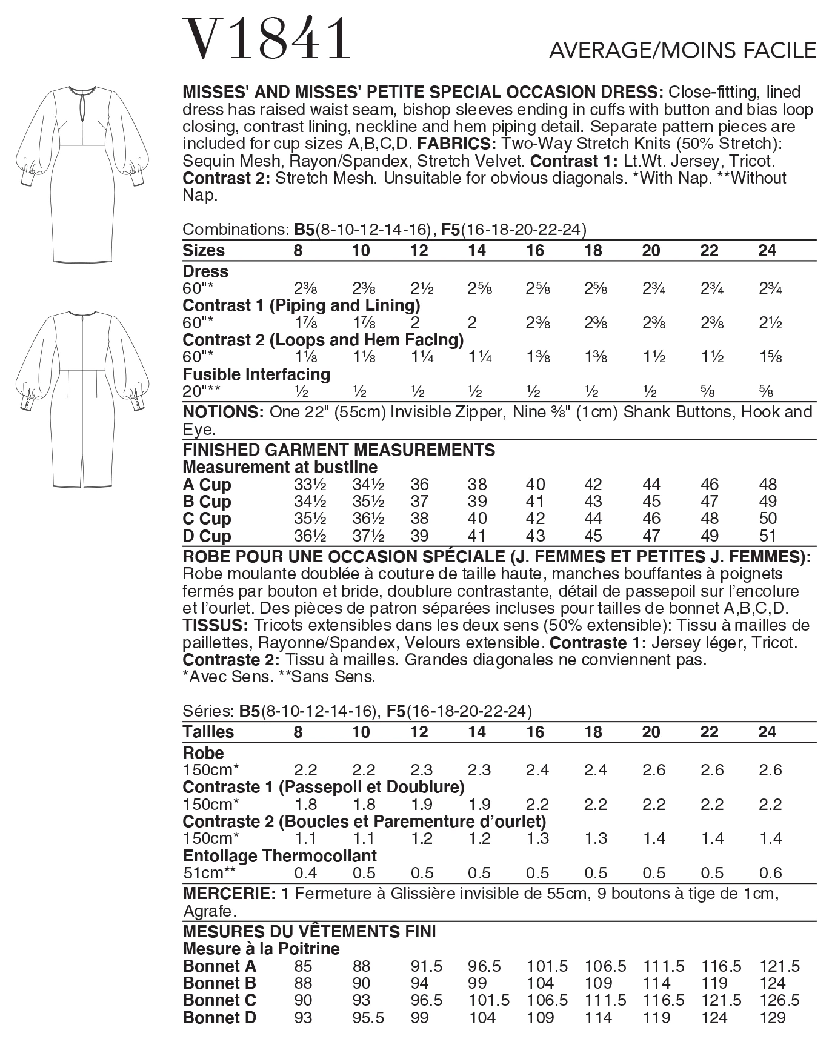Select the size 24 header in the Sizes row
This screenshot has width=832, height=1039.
[x=767, y=250]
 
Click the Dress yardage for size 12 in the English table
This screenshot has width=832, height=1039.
[x=419, y=288]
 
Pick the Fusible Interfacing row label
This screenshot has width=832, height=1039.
[x=256, y=374]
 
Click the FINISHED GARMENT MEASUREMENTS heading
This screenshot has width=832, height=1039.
[x=338, y=450]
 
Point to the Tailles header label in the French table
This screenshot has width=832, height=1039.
[x=208, y=732]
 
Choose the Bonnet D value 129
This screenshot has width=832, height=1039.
[x=773, y=1018]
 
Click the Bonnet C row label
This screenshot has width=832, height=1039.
[x=219, y=1000]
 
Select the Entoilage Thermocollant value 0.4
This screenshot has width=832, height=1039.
[x=305, y=872]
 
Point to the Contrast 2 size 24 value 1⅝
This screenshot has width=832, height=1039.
[x=770, y=357]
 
